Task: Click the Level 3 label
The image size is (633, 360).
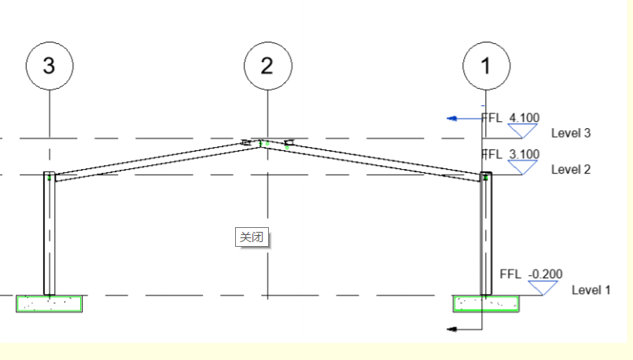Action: (571, 133)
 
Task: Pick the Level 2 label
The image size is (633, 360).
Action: (571, 170)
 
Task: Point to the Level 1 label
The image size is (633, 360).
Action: (591, 290)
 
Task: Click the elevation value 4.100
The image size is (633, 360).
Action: (524, 118)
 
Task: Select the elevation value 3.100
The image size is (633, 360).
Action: (524, 154)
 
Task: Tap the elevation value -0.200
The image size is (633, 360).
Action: (546, 274)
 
